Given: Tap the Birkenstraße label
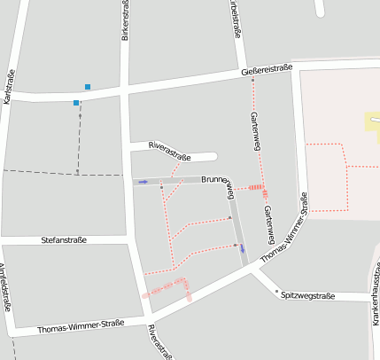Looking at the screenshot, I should pyautogui.click(x=124, y=20).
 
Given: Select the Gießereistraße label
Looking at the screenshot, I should pyautogui.click(x=266, y=70).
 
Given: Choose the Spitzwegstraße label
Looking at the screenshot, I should pyautogui.click(x=307, y=294).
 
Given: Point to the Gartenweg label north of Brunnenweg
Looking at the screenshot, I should pyautogui.click(x=255, y=129).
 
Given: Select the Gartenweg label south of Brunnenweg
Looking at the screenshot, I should pyautogui.click(x=268, y=224).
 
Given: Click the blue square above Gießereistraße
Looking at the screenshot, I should pyautogui.click(x=87, y=86).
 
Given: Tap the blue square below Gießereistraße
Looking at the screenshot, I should pyautogui.click(x=76, y=104).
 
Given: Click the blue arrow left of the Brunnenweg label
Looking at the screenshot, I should pyautogui.click(x=143, y=182).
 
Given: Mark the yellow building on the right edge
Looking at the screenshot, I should pyautogui.click(x=372, y=121).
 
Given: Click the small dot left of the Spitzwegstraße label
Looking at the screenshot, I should pyautogui.click(x=276, y=291).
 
